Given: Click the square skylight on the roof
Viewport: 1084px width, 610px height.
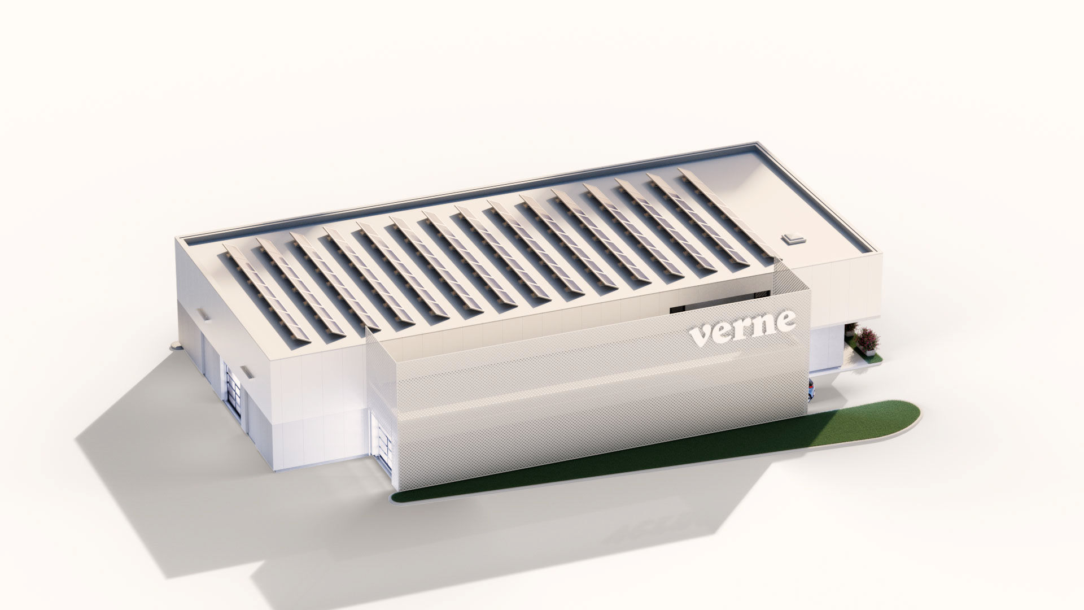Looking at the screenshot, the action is [x=793, y=238].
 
